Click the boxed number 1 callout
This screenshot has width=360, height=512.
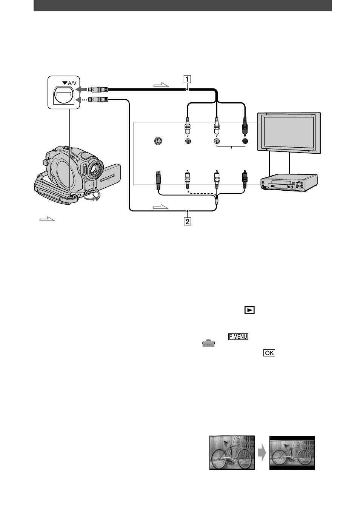click(x=187, y=79)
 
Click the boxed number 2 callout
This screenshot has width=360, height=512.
click(x=187, y=221)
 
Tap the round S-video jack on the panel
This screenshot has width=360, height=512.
click(x=158, y=141)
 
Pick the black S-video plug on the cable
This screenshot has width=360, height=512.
click(x=158, y=180)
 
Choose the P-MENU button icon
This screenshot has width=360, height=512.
click(x=238, y=336)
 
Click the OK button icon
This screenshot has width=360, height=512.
click(x=269, y=353)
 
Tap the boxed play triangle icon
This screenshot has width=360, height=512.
click(x=249, y=310)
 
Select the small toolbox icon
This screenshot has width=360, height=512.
click(x=208, y=343)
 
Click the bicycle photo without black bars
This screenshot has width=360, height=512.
click(x=232, y=453)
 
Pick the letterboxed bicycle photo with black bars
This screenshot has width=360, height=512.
click(x=292, y=453)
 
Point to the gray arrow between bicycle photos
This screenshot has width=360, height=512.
click(x=262, y=453)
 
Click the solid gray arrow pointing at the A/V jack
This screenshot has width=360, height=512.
click(x=81, y=89)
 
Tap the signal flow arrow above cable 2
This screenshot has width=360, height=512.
click(x=160, y=207)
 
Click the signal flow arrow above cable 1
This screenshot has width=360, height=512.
click(x=161, y=85)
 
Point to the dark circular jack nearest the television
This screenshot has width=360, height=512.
click(x=245, y=141)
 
